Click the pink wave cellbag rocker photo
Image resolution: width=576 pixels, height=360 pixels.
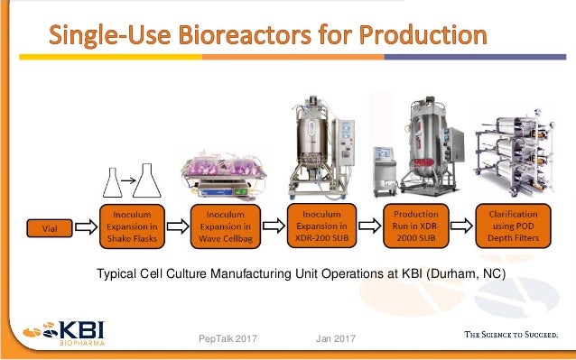tap(223, 167)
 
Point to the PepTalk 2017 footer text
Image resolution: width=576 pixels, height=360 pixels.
tap(228, 337)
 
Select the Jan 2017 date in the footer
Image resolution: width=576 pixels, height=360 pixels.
tap(336, 337)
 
